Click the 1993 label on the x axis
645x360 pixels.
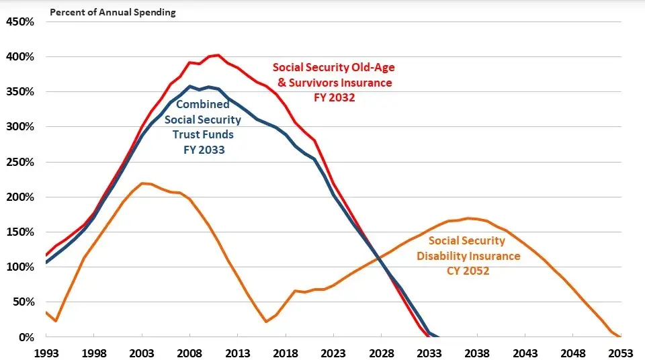tap(46, 352)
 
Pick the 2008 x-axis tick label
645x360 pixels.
tap(189, 352)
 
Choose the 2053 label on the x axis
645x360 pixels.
tap(620, 352)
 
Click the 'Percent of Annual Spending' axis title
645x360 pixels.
tap(113, 12)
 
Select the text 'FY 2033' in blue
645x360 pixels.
tap(204, 150)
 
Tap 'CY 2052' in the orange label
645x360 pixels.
tap(468, 271)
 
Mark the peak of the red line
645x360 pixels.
tap(218, 55)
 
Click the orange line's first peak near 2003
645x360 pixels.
tap(142, 183)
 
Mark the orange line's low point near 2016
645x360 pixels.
tap(266, 322)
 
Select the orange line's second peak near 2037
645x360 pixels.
tap(468, 218)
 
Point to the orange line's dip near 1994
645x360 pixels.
tap(55, 321)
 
